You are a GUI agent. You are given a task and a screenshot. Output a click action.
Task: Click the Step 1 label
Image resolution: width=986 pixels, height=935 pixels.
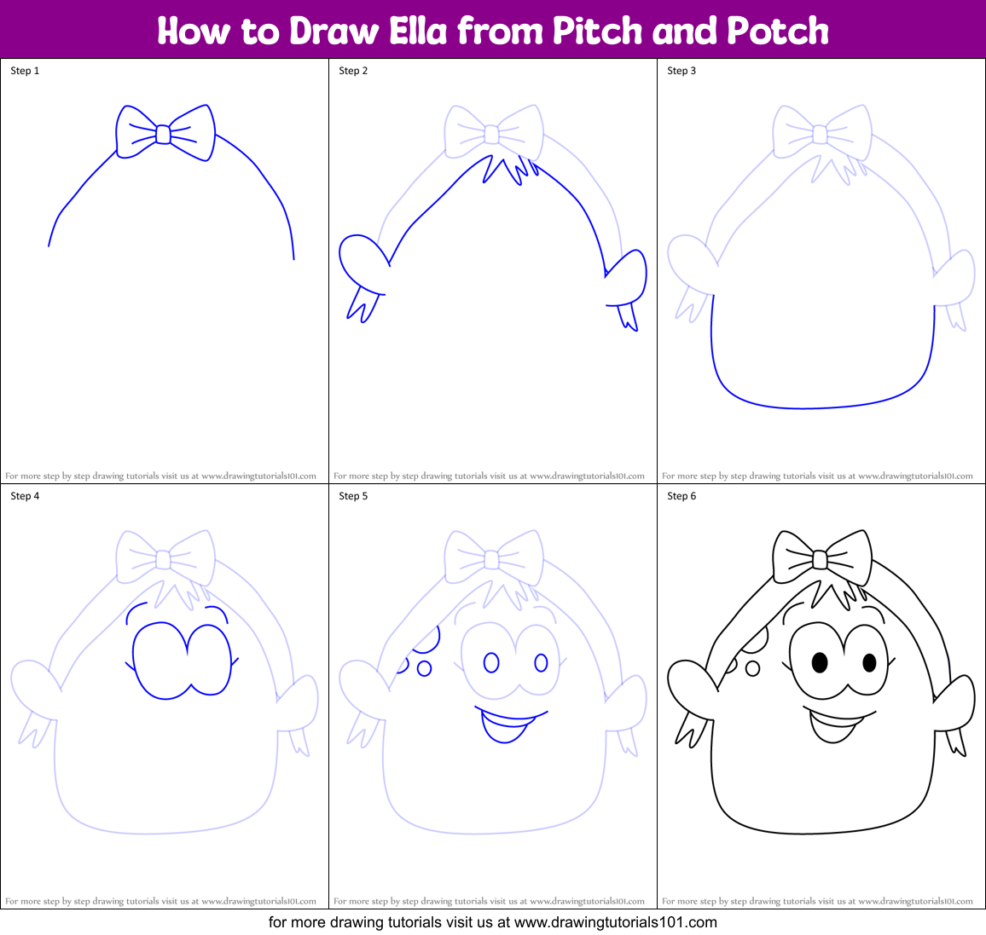point(25,71)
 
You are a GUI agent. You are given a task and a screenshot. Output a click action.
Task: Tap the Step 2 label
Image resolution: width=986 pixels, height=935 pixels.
point(353,71)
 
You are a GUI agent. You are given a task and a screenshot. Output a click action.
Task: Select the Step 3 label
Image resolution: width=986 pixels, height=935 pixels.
point(681,71)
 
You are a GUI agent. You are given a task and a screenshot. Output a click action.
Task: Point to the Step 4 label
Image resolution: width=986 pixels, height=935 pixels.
point(25,496)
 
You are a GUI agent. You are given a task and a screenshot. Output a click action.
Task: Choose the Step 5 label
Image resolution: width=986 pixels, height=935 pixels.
point(353,496)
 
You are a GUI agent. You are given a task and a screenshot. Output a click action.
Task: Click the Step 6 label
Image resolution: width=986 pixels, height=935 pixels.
point(681,496)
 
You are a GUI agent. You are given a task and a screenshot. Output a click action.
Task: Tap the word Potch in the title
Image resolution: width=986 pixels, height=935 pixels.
point(778,31)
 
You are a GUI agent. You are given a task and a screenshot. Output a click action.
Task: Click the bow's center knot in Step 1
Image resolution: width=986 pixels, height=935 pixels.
point(163,134)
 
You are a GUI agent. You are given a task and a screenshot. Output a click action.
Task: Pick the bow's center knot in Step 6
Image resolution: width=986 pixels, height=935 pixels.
point(820,559)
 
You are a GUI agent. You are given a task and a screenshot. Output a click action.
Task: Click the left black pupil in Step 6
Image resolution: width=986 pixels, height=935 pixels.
point(819,662)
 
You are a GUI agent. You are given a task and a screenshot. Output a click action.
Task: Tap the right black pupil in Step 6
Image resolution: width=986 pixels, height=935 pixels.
point(869,662)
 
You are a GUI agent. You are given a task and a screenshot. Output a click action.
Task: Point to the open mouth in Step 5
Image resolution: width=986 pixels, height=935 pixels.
point(505,725)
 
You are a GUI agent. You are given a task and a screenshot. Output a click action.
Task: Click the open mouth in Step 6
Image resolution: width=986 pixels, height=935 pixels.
point(833,725)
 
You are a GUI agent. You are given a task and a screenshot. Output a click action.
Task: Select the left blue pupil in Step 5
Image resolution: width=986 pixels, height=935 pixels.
point(491,662)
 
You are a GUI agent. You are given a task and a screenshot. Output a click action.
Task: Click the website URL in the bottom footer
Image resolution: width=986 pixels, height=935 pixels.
point(615,922)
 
